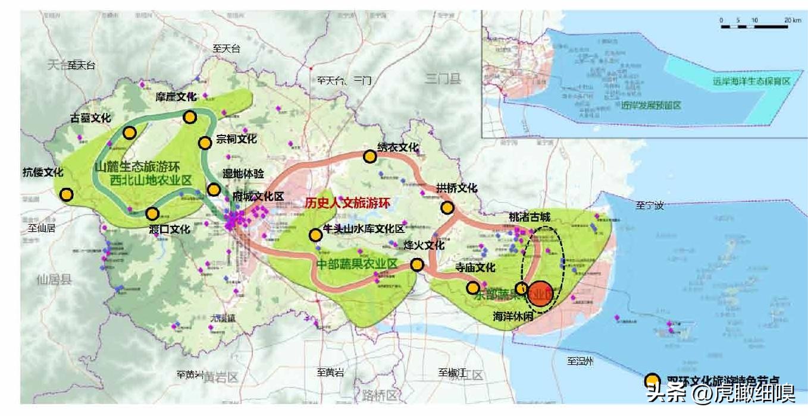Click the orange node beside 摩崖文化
(x=190, y=117)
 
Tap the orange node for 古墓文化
(x=129, y=133)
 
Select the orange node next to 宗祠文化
(x=205, y=143)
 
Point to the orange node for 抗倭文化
(x=67, y=194)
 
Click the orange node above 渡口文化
(x=152, y=213)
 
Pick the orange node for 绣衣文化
(x=369, y=156)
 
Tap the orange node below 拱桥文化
(x=447, y=207)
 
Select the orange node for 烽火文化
(x=417, y=265)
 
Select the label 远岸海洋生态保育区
(x=751, y=81)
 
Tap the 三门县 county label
(x=443, y=78)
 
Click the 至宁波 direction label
(x=649, y=206)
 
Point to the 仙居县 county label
(x=54, y=279)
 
